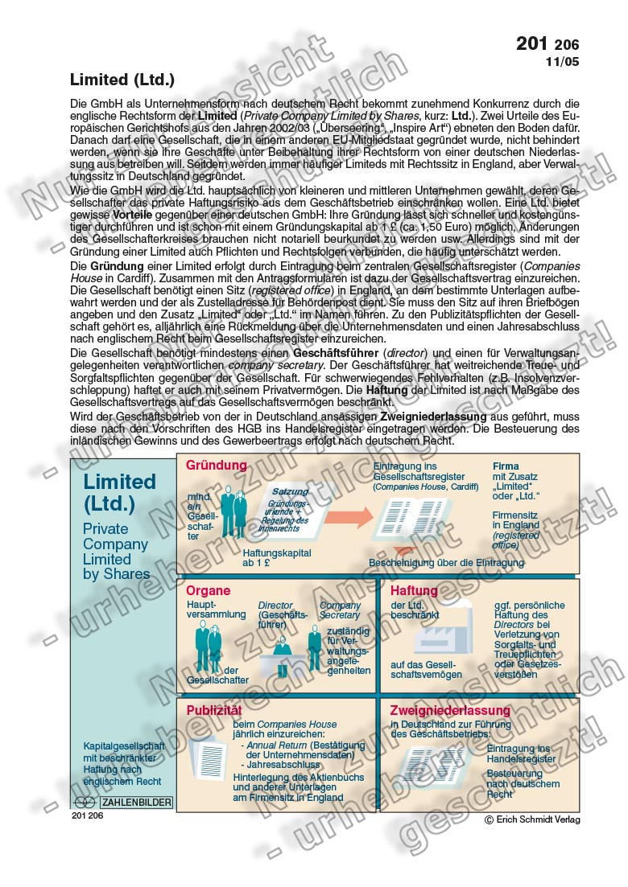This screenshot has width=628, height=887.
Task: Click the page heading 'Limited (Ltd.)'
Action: pyautogui.click(x=122, y=80)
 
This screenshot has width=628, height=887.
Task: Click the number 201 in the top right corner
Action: pyautogui.click(x=532, y=43)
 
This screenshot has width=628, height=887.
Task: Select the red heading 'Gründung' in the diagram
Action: pyautogui.click(x=217, y=466)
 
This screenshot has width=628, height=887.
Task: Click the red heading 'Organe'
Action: pyautogui.click(x=209, y=591)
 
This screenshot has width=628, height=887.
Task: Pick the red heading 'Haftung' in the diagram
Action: pyautogui.click(x=414, y=591)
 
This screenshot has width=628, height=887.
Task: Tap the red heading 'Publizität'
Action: pyautogui.click(x=214, y=711)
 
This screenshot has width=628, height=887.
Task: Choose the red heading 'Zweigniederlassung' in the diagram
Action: pyautogui.click(x=450, y=711)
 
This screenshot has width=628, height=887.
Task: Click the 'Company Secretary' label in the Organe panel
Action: pyautogui.click(x=340, y=610)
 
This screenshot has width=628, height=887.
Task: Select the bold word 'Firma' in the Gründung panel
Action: pyautogui.click(x=506, y=466)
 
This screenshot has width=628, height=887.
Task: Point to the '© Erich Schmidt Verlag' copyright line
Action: pyautogui.click(x=531, y=819)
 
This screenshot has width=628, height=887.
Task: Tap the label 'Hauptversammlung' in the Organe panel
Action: pyautogui.click(x=216, y=609)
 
